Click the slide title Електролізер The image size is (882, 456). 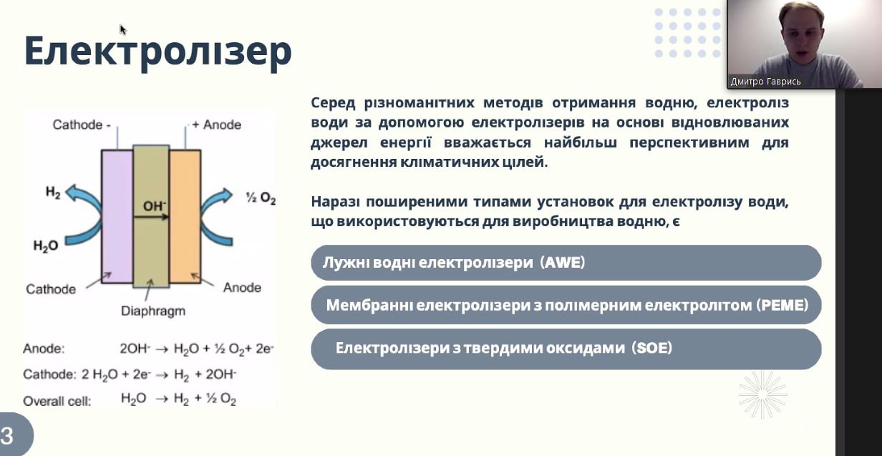coord(158,52)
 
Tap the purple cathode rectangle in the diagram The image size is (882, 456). coord(117,216)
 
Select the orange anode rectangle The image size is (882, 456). coord(185,216)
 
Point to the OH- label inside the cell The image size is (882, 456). coord(155,206)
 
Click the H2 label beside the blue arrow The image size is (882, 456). coord(53,193)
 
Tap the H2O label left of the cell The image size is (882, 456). coord(46,246)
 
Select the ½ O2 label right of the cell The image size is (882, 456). coord(261,198)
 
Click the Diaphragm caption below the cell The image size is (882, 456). coord(152,311)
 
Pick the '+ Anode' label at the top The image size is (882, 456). coord(216,125)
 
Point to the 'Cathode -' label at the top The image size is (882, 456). coord(82,125)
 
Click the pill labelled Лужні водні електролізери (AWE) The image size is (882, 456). coord(566,263)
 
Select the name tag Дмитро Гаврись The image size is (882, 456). coord(765,82)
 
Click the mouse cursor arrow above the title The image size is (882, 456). coord(123,29)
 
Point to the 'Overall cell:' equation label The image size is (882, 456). coord(57,402)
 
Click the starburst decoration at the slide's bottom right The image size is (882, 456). coord(762,394)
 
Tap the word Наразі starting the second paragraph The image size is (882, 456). coord(336,202)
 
